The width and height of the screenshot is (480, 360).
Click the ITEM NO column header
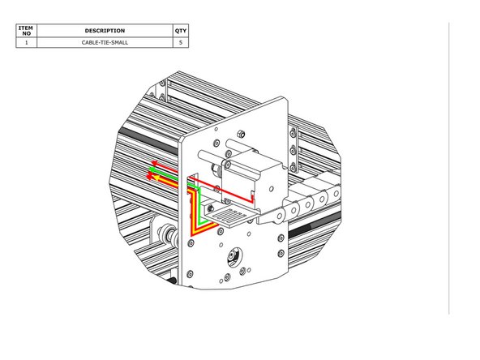click(x=26, y=31)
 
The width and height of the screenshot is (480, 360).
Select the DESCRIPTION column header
click(x=105, y=31)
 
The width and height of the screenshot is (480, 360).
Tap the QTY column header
click(x=180, y=31)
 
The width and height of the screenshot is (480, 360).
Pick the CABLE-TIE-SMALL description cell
click(x=105, y=43)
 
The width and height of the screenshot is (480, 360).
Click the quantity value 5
click(x=180, y=43)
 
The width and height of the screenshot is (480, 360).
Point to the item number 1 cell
click(x=26, y=43)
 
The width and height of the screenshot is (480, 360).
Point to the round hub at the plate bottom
click(x=233, y=257)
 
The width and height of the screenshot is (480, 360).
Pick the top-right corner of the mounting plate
click(x=286, y=98)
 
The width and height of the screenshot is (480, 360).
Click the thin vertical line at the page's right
click(x=448, y=162)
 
